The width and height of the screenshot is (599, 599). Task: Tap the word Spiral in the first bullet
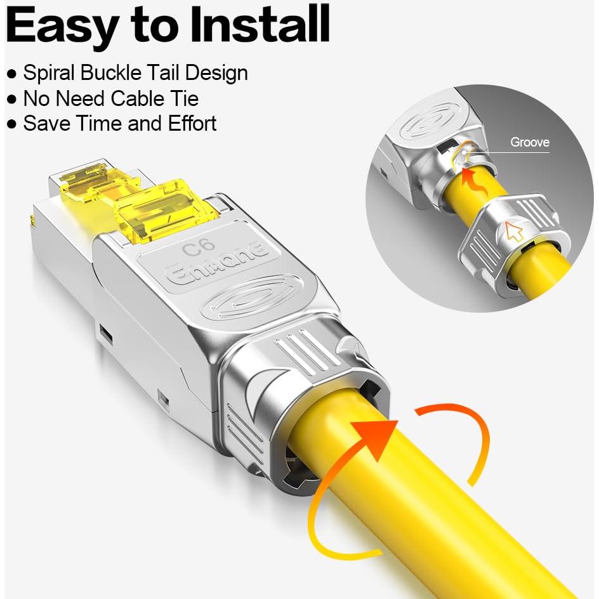pyautogui.click(x=50, y=73)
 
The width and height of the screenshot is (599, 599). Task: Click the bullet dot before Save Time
pyautogui.click(x=11, y=124)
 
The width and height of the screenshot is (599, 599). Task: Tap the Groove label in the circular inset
pyautogui.click(x=529, y=142)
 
